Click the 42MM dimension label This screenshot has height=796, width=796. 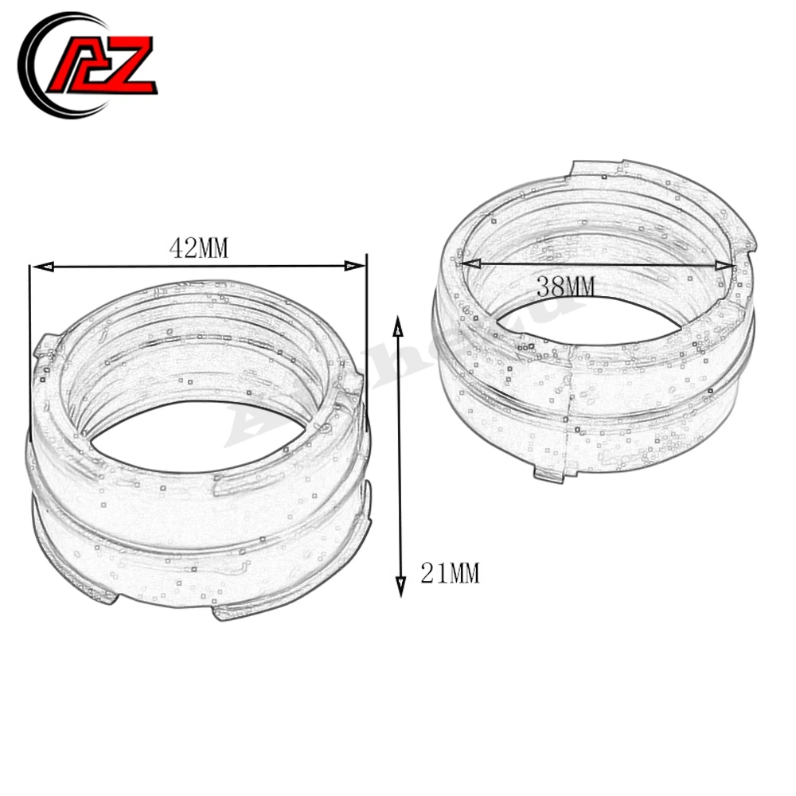point(198,249)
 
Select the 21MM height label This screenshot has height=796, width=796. point(450,572)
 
